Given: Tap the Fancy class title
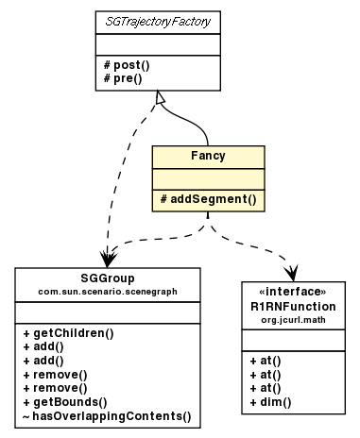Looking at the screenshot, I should coord(208,155).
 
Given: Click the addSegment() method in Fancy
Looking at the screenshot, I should coord(208,199).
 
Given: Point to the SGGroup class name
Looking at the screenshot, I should coord(108,278).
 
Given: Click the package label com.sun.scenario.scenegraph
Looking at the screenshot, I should coord(108,292).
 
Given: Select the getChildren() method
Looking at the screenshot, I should coord(68,333).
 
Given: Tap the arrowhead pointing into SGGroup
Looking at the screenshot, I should coord(106,258).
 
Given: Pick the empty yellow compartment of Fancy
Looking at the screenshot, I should coord(208,177).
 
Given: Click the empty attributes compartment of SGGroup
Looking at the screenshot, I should coord(108,312).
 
